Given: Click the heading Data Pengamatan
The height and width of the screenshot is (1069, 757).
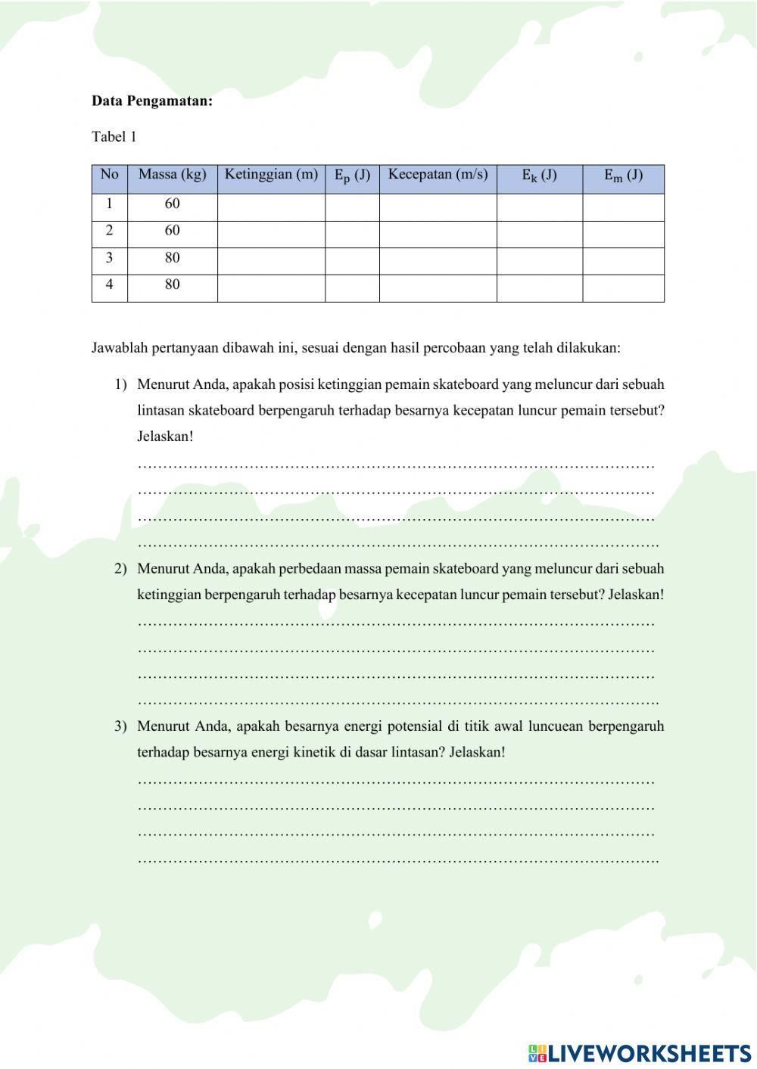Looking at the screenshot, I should pyautogui.click(x=152, y=101).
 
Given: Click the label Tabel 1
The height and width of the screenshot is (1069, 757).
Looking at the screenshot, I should pyautogui.click(x=114, y=137).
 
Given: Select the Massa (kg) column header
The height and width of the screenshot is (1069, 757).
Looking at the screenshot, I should pyautogui.click(x=172, y=175).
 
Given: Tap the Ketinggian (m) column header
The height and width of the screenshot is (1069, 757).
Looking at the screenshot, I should pyautogui.click(x=271, y=175).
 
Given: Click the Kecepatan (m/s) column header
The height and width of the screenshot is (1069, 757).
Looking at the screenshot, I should pyautogui.click(x=438, y=175).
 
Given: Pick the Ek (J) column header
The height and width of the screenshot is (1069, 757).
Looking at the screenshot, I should pyautogui.click(x=539, y=176).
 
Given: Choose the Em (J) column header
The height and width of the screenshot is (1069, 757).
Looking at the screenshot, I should pyautogui.click(x=623, y=176).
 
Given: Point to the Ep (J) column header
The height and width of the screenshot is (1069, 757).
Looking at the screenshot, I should pyautogui.click(x=352, y=176).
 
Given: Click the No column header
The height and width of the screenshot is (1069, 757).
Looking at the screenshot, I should pyautogui.click(x=109, y=175).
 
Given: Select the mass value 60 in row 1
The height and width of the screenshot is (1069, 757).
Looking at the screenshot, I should pyautogui.click(x=172, y=204).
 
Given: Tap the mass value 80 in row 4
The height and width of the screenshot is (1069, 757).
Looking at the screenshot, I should pyautogui.click(x=172, y=285).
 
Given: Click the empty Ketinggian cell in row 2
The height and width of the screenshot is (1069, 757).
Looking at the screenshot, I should pyautogui.click(x=271, y=234).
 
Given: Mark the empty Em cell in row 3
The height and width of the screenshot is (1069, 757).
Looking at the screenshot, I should pyautogui.click(x=623, y=261).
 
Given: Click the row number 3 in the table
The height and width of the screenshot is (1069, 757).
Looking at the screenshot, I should pyautogui.click(x=109, y=258).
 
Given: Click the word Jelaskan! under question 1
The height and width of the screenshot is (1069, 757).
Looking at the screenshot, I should pyautogui.click(x=165, y=437).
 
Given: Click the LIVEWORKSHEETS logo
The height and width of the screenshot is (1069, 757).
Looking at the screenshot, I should pyautogui.click(x=640, y=1053).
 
